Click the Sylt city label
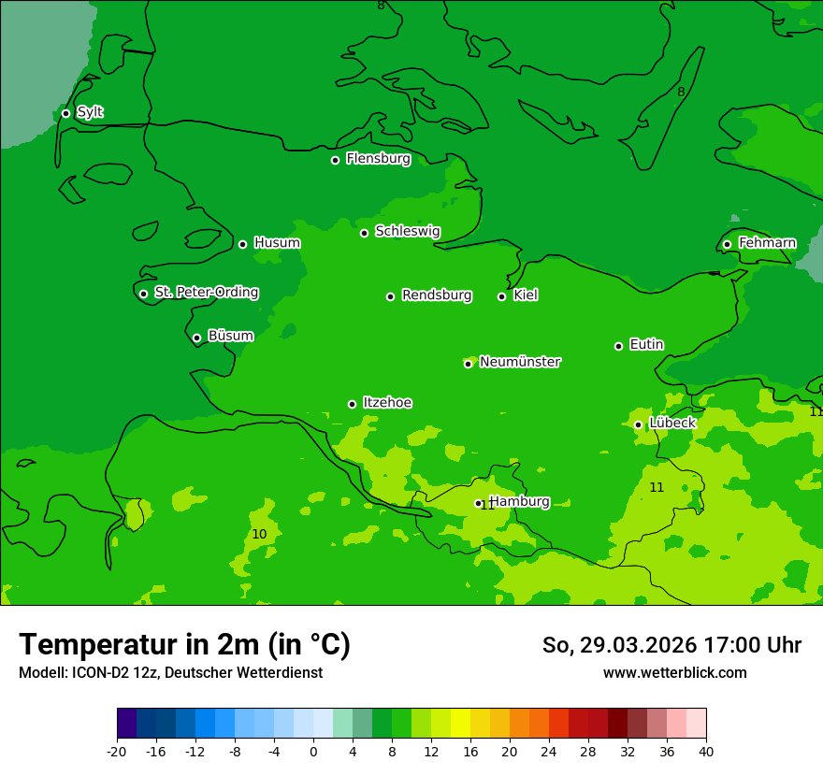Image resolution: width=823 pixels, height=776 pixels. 90,112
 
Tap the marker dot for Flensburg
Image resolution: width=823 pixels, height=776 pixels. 335,160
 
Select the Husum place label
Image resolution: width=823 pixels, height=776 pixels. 277,243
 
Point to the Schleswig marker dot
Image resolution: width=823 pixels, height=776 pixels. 364,233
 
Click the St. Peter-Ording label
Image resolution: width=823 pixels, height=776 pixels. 206,293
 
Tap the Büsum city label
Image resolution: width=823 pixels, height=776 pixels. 230,336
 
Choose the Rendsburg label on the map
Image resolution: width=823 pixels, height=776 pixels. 437,295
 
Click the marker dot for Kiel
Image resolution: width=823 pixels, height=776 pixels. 501,296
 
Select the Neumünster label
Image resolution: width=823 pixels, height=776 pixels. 520,362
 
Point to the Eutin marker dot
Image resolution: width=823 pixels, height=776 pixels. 618,346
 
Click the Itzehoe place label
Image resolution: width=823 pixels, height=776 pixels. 387,403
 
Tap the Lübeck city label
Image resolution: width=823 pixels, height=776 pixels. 672,423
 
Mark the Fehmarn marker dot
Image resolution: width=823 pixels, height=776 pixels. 727,244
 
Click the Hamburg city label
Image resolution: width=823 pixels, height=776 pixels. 520,502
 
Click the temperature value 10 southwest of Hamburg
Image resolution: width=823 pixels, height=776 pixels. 259,534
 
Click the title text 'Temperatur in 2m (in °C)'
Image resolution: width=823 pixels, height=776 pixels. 184,645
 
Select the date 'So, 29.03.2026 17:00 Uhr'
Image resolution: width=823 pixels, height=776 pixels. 671,645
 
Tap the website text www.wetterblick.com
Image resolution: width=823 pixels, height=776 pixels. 674,673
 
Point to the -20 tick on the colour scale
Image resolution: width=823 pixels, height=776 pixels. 117,751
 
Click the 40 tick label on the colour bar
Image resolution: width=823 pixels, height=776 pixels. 706,751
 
